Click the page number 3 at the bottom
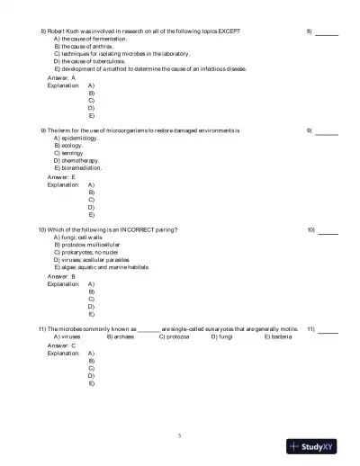click(180, 435)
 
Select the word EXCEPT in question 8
click(228, 31)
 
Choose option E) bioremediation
click(78, 167)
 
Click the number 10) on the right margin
click(311, 230)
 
